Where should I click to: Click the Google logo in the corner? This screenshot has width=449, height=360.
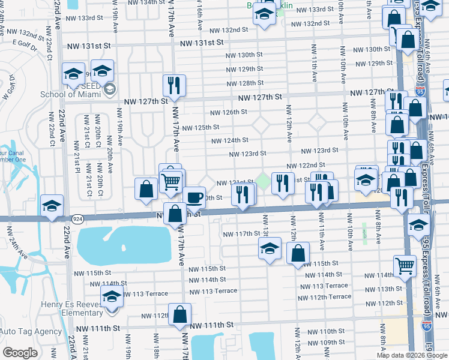20,353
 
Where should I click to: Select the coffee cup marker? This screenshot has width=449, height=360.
193,197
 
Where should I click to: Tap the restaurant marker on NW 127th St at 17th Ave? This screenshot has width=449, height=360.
174,86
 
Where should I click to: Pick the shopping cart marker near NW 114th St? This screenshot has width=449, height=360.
405,266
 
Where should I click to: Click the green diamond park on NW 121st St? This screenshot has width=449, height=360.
263,179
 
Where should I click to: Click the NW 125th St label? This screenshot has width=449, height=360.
200,128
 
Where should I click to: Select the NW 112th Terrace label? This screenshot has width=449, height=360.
324,297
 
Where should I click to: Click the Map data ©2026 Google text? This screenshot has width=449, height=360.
411,355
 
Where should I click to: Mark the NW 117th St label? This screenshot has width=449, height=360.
241,235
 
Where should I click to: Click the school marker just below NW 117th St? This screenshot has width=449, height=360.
270,248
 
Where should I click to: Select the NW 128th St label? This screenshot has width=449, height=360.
245,83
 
